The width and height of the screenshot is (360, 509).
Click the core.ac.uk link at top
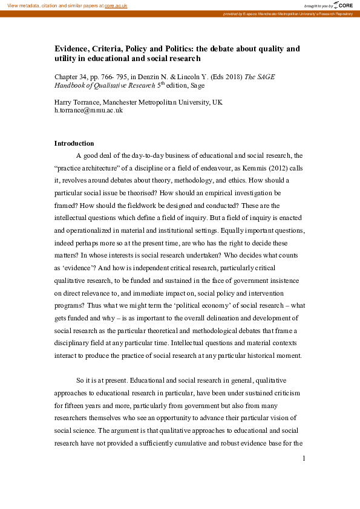116,5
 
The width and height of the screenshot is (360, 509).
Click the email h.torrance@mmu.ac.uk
88,111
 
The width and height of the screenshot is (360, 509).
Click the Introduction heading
74,144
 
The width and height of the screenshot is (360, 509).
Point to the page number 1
303,475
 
